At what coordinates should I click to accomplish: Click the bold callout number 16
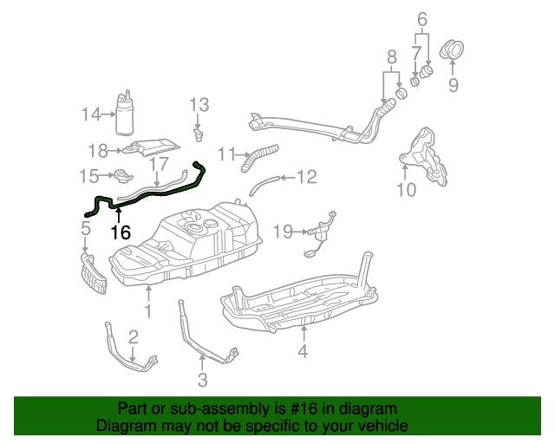point(121,232)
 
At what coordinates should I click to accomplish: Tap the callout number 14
point(91,114)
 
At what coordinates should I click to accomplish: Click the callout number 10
point(406,188)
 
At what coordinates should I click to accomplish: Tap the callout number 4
point(303,351)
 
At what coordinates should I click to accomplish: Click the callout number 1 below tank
point(148,310)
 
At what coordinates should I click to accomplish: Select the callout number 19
point(284,232)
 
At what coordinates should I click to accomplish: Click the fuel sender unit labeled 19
point(322,232)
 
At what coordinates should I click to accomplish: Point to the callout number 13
point(199,105)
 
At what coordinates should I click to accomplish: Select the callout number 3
point(202,380)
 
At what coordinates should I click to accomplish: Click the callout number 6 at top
point(422,19)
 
